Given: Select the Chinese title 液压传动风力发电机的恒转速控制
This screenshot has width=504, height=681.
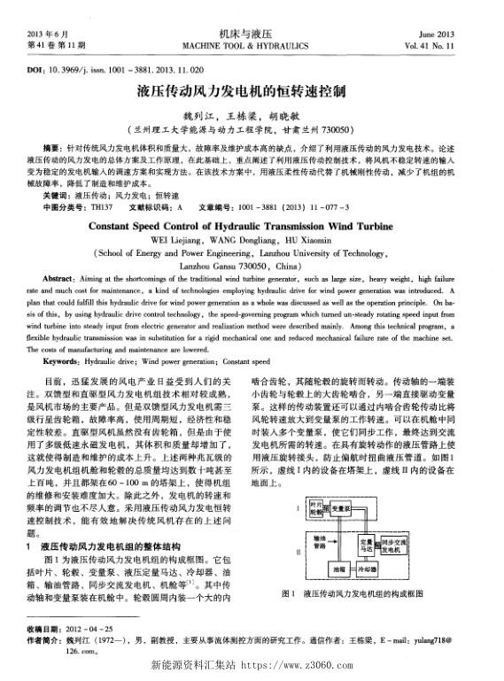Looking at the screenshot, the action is (x=251, y=92).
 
